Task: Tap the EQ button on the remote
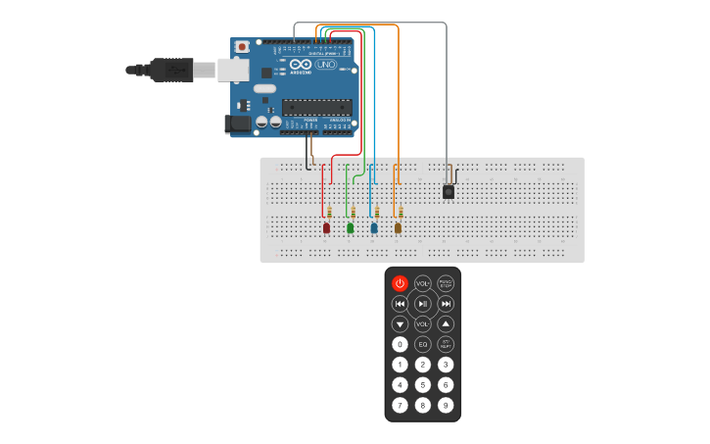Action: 423,344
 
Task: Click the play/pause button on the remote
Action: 423,304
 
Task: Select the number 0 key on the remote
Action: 400,344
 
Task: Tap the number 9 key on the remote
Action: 446,405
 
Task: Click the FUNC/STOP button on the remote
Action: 446,283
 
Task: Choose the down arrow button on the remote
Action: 400,323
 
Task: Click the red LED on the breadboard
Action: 327,227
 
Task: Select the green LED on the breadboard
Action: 351,227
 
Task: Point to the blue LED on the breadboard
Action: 374,227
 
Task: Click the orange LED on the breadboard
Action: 398,227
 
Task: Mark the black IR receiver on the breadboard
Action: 449,191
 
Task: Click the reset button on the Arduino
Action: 242,47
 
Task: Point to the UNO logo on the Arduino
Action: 324,65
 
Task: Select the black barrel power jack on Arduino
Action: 237,124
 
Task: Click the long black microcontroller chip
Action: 316,107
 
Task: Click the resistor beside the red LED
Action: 330,212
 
